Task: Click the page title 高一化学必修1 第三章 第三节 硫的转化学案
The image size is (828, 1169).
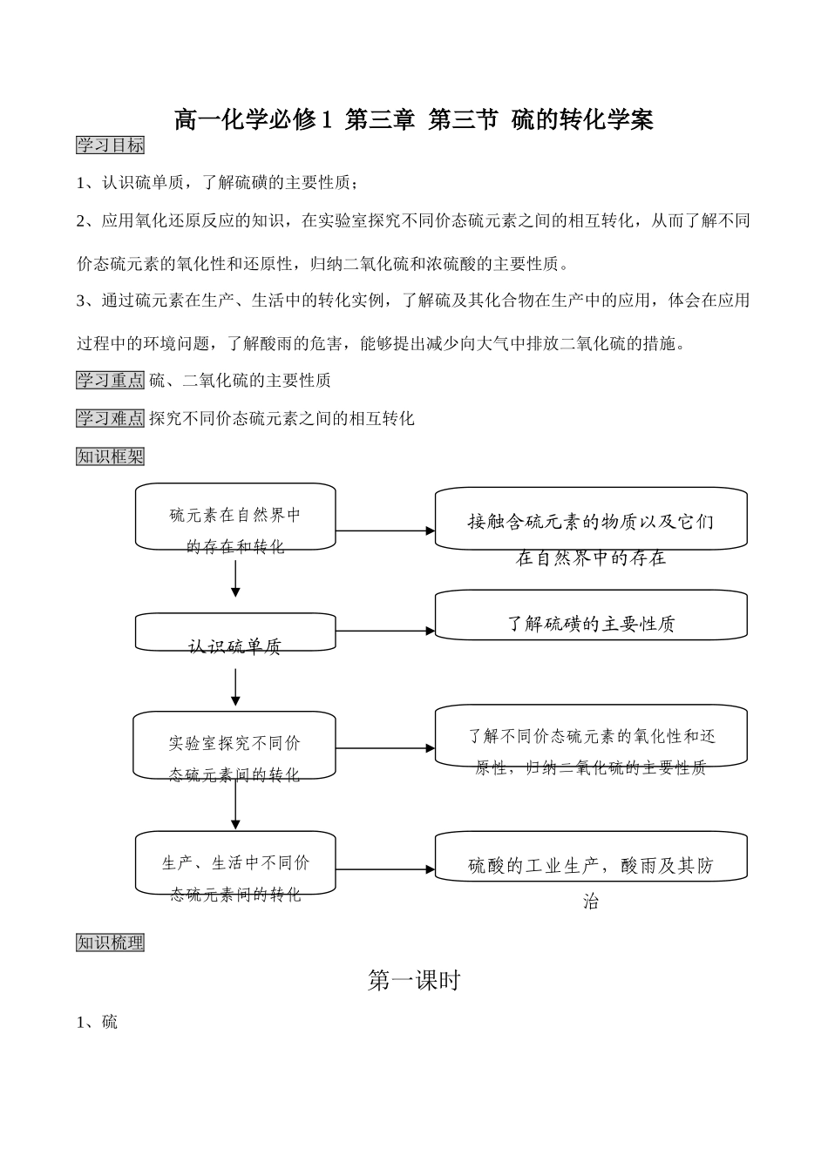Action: click(x=413, y=119)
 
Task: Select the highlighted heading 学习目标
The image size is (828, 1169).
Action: click(x=110, y=145)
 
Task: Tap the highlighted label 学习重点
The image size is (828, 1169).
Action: click(x=110, y=380)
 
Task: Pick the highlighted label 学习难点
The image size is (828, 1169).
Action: click(x=110, y=418)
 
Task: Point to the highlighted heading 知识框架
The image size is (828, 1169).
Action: click(x=110, y=456)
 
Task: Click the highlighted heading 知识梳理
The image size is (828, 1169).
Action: click(x=110, y=943)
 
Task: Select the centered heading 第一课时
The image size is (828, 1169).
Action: click(x=413, y=981)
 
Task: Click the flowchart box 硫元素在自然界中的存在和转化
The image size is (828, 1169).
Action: click(x=235, y=517)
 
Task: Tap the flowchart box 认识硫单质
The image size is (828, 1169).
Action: click(x=235, y=632)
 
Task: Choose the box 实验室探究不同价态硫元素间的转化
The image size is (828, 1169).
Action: click(x=234, y=746)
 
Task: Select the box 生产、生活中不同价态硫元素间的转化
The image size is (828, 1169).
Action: click(x=235, y=863)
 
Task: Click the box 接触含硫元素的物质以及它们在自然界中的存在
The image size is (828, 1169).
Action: click(x=590, y=520)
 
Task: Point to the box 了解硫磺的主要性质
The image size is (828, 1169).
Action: click(x=590, y=616)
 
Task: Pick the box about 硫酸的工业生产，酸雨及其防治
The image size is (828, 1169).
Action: click(x=590, y=857)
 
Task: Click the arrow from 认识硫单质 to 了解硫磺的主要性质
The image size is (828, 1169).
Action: click(x=384, y=631)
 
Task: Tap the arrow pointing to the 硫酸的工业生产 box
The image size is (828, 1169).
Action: click(x=384, y=868)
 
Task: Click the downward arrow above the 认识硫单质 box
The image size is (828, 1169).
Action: click(x=235, y=578)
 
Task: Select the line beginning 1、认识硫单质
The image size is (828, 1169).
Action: click(x=217, y=183)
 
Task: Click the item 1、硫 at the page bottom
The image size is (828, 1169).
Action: click(x=97, y=1022)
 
